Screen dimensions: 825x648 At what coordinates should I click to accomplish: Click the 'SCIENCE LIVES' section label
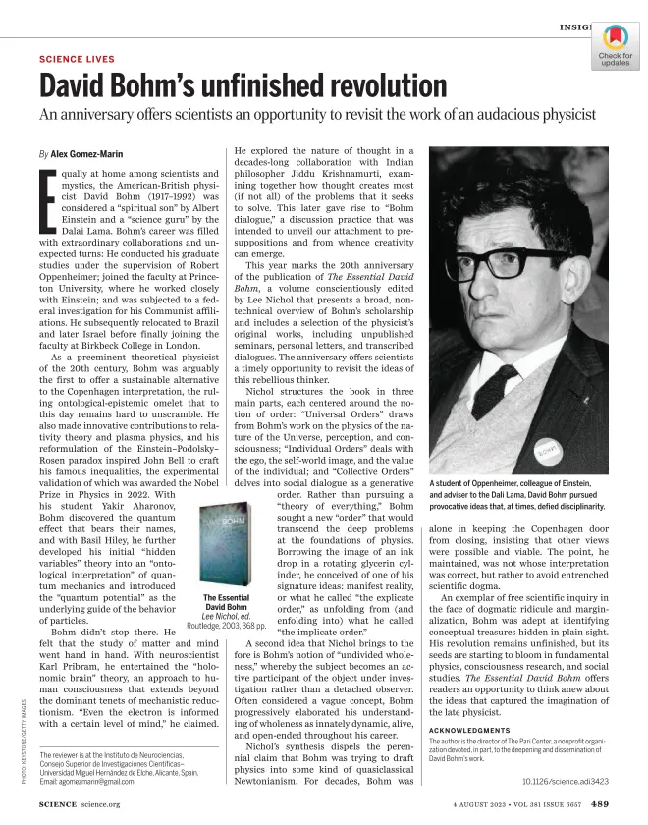[77, 60]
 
